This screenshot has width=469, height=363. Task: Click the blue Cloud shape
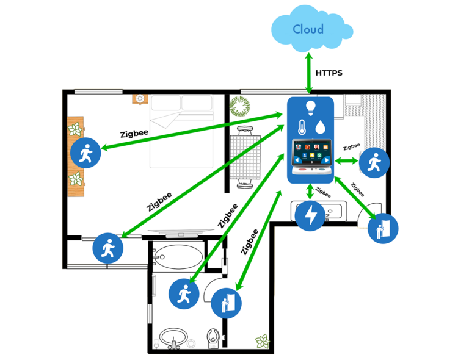coord(312,29)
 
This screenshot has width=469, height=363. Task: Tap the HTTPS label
coord(329,73)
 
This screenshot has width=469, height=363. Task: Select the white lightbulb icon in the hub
coord(310,108)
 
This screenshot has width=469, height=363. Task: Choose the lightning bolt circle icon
coord(310,215)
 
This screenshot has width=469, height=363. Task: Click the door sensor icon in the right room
coord(383,229)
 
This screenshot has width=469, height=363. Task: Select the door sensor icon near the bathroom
coord(226,303)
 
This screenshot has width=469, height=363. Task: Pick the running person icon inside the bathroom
coord(184,294)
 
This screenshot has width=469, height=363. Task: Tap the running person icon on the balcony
coord(108,248)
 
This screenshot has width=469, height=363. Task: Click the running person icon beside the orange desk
coord(85,153)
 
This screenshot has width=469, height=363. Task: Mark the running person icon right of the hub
coord(374,163)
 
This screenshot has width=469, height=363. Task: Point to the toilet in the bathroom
coord(213,336)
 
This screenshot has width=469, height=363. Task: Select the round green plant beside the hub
coord(240,106)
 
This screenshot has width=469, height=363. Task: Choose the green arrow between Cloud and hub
coord(309,73)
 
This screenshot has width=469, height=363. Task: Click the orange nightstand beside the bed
coord(140,99)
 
